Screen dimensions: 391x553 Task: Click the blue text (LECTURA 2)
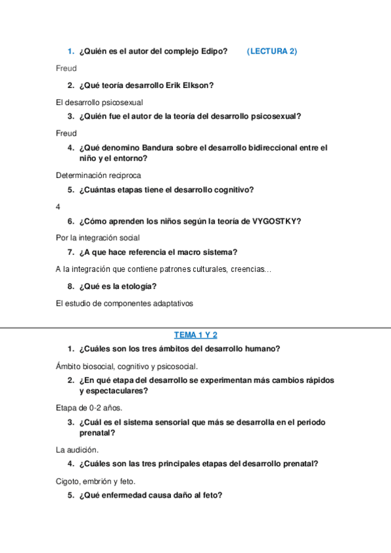tap(272, 52)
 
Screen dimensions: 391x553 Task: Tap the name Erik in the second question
tap(172, 85)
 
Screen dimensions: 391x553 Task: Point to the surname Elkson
tap(198, 85)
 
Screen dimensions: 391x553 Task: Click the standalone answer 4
tap(59, 207)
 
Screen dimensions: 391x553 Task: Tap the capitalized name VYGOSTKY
tap(274, 221)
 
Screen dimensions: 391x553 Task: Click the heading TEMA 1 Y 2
tap(196, 335)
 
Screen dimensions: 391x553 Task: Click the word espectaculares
tap(112, 391)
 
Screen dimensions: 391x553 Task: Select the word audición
tap(82, 450)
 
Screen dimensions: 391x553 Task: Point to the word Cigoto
tap(69, 481)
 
